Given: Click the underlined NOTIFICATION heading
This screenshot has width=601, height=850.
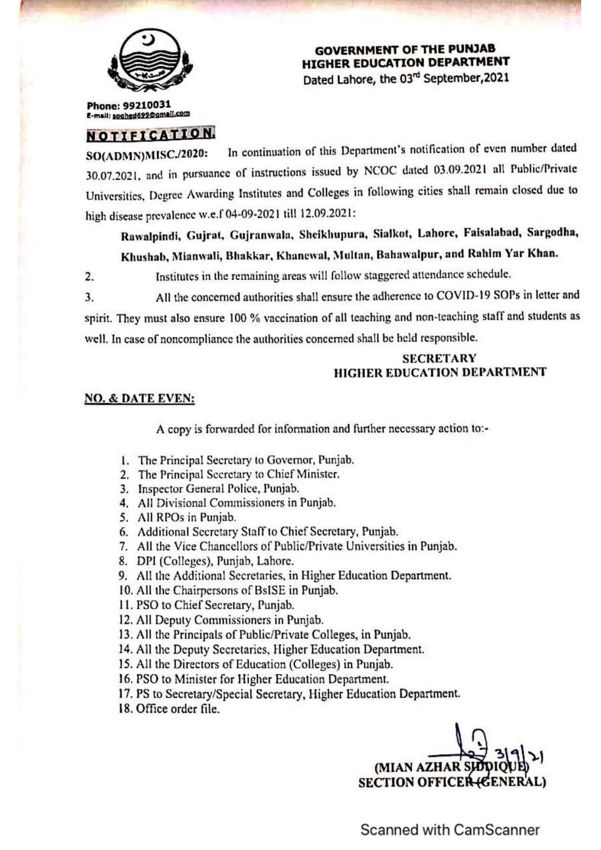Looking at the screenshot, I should click(151, 134).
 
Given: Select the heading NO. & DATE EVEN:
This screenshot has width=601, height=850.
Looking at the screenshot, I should click(139, 398).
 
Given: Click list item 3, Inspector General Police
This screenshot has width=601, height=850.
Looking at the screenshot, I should click(218, 489).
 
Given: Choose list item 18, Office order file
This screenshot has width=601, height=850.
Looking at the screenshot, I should click(177, 709).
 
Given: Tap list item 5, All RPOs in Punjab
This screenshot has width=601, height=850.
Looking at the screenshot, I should click(186, 517).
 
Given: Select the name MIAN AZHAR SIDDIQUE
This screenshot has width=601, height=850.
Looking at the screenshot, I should click(451, 768).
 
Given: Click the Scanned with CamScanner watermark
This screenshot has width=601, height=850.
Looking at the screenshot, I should click(449, 830).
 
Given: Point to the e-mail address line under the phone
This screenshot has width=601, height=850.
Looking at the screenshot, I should click(138, 114).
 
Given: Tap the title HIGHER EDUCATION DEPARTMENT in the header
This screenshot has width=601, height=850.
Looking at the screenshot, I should click(406, 63).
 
